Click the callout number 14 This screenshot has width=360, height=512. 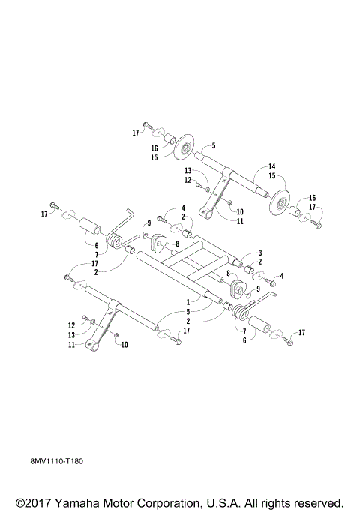pos(272,166)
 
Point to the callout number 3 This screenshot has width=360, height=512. pos(259,253)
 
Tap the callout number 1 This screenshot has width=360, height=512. pos(188,301)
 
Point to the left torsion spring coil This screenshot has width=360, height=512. pos(115,241)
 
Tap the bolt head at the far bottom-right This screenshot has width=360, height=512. pos(289,344)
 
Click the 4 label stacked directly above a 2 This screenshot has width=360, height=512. pos(182,208)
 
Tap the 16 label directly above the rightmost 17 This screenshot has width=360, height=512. pos(312,198)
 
